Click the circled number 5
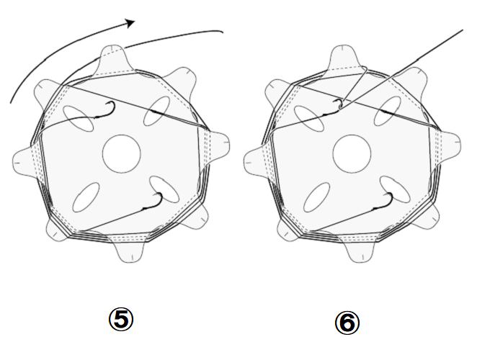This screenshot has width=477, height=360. click(121, 319)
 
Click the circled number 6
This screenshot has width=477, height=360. click(347, 323)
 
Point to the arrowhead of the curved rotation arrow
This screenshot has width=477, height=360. click(130, 23)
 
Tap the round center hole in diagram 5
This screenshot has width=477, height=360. click(121, 154)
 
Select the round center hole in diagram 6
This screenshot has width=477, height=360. click(352, 154)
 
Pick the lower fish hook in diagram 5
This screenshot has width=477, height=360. click(153, 202)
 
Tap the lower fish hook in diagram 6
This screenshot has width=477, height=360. click(384, 202)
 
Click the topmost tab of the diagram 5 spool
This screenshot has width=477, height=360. click(112, 59)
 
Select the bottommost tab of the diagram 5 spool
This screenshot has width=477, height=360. click(131, 248)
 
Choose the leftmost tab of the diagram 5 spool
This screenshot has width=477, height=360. click(25, 160)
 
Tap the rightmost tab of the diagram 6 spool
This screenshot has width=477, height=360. click(448, 146)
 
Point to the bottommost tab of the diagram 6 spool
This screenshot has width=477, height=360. click(362, 248)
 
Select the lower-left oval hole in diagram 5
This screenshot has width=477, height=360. click(86, 197)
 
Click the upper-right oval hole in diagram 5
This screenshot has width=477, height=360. click(156, 111)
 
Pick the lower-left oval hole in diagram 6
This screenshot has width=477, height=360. click(317, 197)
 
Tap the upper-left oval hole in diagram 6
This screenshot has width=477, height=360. click(309, 119)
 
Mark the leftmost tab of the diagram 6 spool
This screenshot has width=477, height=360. click(256, 160)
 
